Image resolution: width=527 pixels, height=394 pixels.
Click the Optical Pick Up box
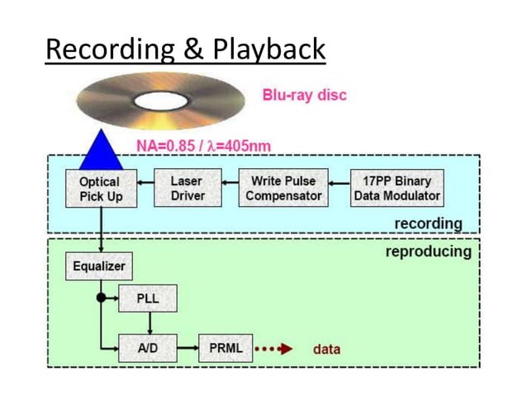(x=100, y=189)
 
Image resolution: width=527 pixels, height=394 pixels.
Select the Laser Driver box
(x=187, y=188)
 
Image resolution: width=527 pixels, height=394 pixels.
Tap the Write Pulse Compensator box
(x=283, y=188)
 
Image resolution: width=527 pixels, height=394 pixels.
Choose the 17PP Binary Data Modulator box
(x=396, y=188)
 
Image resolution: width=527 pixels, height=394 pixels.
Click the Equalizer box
(x=98, y=266)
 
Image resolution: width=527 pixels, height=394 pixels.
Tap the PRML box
(x=226, y=348)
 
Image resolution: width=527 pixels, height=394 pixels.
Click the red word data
(x=326, y=349)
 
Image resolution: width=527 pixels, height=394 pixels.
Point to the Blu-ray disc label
(x=304, y=95)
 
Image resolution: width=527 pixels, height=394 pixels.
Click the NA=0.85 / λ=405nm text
(x=203, y=147)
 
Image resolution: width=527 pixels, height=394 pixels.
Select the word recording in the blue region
(x=427, y=223)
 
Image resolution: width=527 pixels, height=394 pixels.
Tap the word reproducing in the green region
(x=428, y=251)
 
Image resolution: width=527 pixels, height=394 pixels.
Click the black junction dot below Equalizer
(x=101, y=297)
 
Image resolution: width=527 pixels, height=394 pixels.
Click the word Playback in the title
(x=269, y=50)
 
